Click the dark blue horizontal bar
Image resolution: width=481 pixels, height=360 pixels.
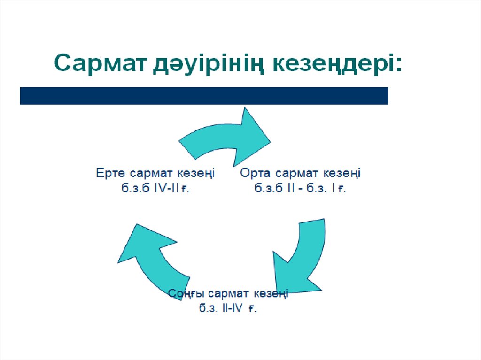204,96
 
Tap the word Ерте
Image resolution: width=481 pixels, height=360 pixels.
111,173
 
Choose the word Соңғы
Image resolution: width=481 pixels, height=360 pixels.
187,294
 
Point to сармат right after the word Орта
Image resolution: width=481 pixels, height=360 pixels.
298,173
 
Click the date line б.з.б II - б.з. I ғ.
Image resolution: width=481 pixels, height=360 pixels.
300,189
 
